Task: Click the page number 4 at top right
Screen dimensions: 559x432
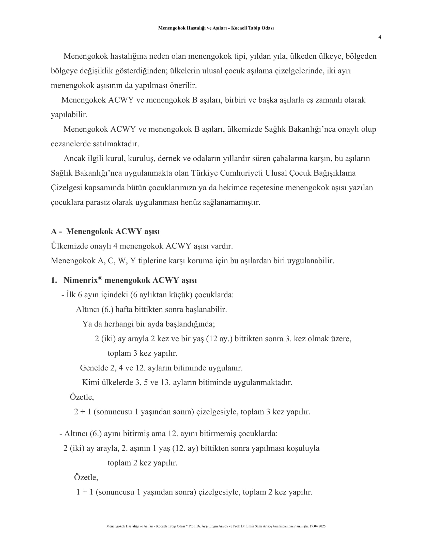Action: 380,37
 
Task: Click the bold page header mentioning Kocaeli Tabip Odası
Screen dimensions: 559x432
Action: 216,28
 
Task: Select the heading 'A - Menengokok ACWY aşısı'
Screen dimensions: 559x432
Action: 105,231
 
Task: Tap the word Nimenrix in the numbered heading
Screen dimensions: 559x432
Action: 80,280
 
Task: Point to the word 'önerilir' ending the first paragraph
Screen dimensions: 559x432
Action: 183,85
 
